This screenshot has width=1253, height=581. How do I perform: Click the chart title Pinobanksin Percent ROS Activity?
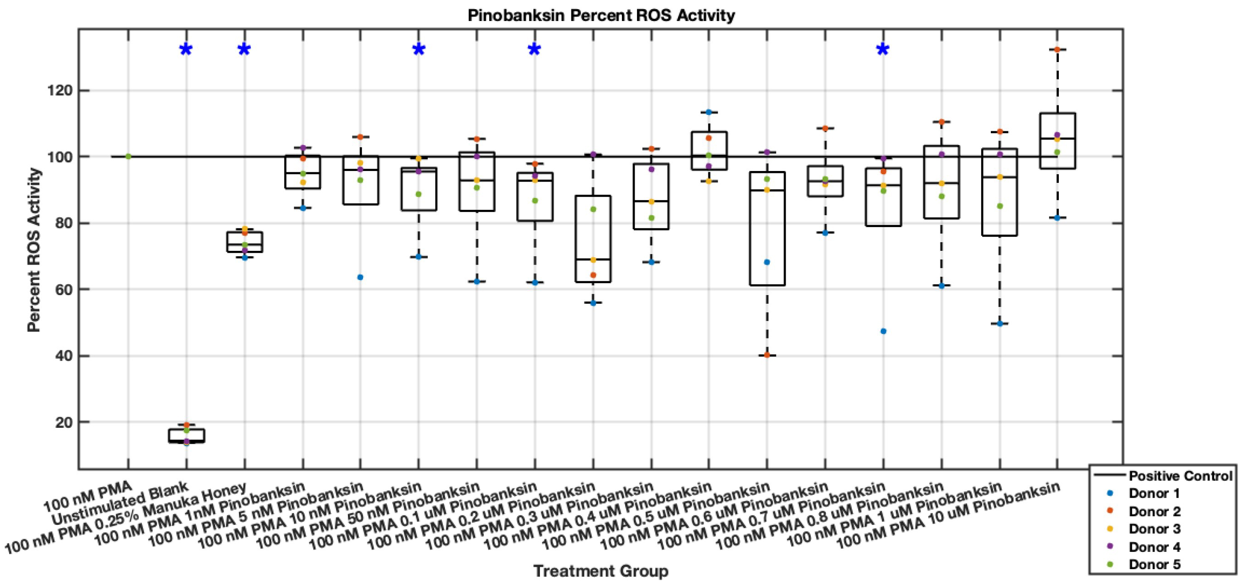click(601, 15)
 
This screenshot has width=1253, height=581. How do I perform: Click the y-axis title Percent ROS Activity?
click(34, 250)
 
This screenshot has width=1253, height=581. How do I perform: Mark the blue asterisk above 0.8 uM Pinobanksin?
click(883, 50)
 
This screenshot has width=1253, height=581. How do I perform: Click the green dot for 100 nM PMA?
click(128, 156)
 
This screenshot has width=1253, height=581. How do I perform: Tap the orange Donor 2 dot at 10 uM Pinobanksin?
click(1057, 50)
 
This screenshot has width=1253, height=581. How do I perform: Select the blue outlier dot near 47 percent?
click(883, 332)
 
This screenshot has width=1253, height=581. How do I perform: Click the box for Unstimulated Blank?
click(186, 436)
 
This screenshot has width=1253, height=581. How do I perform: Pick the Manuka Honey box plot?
click(244, 242)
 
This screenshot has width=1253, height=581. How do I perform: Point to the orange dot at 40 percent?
click(767, 355)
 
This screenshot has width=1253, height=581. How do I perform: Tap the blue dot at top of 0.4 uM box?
click(709, 112)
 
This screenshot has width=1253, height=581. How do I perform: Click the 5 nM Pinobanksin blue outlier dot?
click(360, 277)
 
